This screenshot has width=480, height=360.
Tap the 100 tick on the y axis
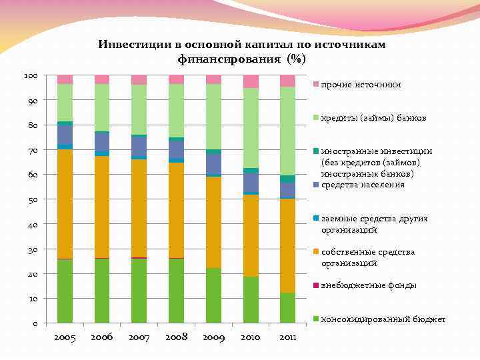point(31,75)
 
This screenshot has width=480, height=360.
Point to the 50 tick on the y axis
point(33,200)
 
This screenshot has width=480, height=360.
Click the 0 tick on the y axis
point(35,324)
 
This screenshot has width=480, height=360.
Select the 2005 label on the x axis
point(65,338)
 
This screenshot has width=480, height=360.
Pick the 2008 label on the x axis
point(176,338)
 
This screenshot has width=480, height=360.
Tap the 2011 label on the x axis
point(287,338)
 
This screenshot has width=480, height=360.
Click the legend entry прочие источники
point(361,85)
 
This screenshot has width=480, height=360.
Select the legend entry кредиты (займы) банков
point(373,118)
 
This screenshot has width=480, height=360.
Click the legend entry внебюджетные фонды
point(369,285)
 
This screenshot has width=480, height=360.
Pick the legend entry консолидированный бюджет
point(383,319)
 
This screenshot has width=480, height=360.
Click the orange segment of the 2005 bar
point(65,203)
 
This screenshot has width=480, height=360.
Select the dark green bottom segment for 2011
point(287,308)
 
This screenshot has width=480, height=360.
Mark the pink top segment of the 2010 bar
point(251,81)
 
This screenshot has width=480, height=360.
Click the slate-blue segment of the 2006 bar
point(102,141)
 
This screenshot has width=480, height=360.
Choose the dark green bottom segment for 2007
point(139,291)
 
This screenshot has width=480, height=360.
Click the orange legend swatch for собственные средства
point(317,252)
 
